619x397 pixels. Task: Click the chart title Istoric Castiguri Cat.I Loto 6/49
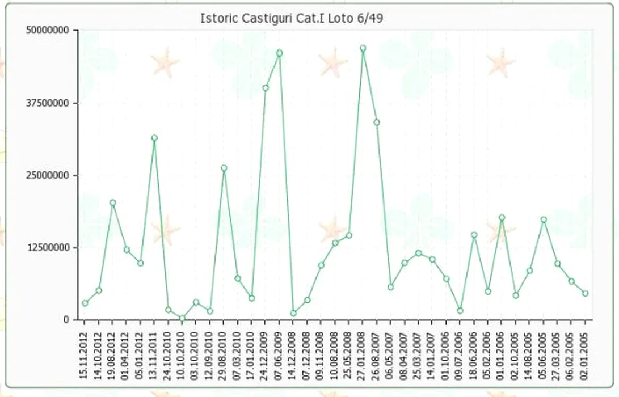pyautogui.click(x=292, y=18)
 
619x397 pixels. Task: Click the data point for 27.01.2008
pyautogui.click(x=363, y=49)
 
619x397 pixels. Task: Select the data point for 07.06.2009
pyautogui.click(x=279, y=53)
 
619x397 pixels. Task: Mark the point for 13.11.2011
pyautogui.click(x=154, y=138)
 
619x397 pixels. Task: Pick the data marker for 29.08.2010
pyautogui.click(x=224, y=168)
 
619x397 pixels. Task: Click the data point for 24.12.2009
pyautogui.click(x=265, y=88)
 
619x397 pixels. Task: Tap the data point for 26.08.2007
pyautogui.click(x=376, y=123)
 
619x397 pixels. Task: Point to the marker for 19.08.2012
pyautogui.click(x=112, y=203)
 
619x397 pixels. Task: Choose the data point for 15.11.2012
pyautogui.click(x=85, y=303)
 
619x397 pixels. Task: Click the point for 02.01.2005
pyautogui.click(x=585, y=293)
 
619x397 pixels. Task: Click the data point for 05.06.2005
pyautogui.click(x=543, y=220)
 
